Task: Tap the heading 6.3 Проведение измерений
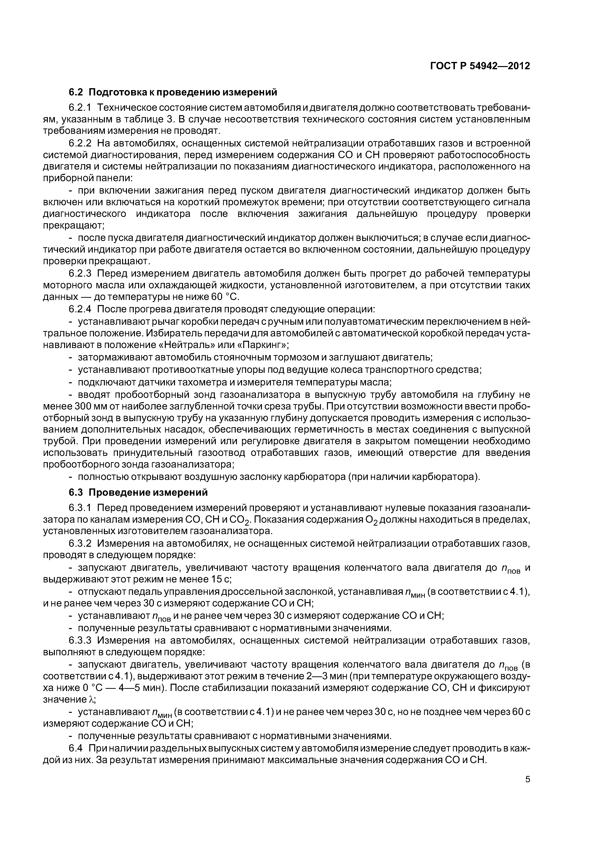tap(138, 492)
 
